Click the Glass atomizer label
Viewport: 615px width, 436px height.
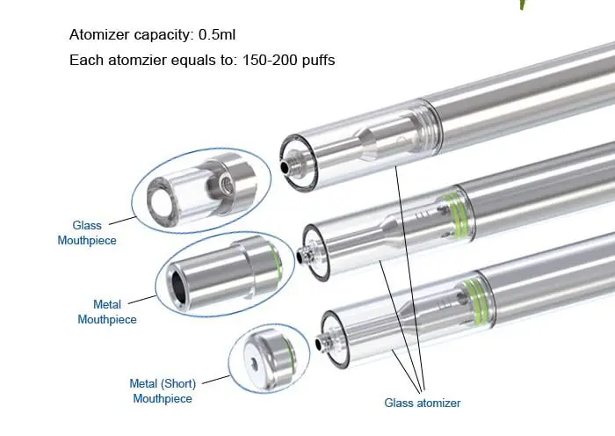click(422, 403)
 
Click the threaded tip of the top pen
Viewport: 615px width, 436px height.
click(289, 164)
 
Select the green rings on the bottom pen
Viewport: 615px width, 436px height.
click(474, 292)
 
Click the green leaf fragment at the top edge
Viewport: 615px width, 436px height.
click(523, 4)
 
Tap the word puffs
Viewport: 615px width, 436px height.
click(316, 62)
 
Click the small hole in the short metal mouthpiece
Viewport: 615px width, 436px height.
click(250, 362)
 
